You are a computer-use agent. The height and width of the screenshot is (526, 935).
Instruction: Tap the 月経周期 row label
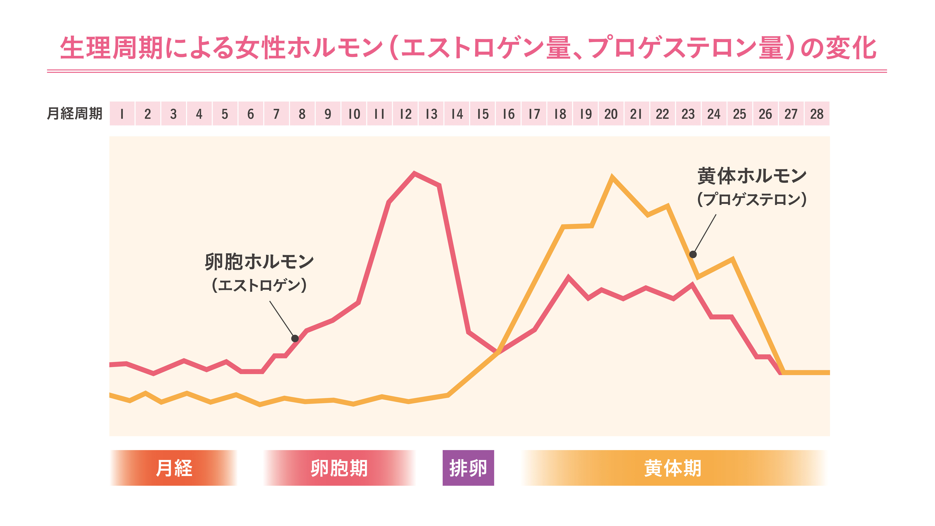tap(75, 114)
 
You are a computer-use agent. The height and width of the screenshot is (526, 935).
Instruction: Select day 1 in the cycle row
tap(122, 114)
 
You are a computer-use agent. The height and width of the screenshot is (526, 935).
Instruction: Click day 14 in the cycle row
tap(457, 114)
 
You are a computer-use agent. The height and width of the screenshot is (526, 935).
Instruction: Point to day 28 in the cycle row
tap(817, 114)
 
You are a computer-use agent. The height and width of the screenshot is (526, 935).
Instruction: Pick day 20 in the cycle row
tap(611, 114)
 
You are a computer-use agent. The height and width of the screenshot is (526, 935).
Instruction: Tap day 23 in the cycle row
tap(688, 114)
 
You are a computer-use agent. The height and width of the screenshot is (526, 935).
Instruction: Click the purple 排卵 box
tap(468, 468)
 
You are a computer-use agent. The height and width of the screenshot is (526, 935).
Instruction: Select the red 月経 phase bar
tap(174, 468)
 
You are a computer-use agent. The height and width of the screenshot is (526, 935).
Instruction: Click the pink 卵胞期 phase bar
tap(339, 468)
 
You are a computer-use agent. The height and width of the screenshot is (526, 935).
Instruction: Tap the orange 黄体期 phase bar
tap(673, 468)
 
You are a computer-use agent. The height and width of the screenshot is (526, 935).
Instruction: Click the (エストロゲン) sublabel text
tap(259, 285)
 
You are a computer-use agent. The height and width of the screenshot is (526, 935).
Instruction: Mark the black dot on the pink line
tap(295, 338)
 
